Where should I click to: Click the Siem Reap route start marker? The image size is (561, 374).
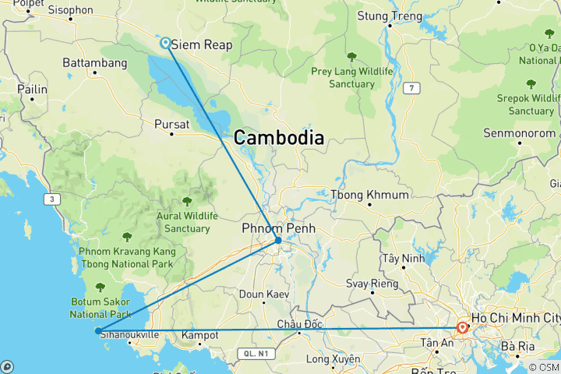point(166,43)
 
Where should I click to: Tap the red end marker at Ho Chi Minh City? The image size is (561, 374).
point(462,328)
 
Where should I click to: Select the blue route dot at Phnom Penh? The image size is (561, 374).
point(278,240)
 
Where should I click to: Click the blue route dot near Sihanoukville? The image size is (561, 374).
point(97,331)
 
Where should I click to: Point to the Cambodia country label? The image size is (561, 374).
point(278,138)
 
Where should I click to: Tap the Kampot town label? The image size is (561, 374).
point(199,335)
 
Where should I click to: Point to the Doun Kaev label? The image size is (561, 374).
point(263,294)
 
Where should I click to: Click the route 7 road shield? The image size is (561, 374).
point(411,89)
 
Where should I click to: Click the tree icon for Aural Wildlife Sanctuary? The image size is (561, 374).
point(187,202)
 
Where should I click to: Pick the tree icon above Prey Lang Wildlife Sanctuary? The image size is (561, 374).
point(351,57)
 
